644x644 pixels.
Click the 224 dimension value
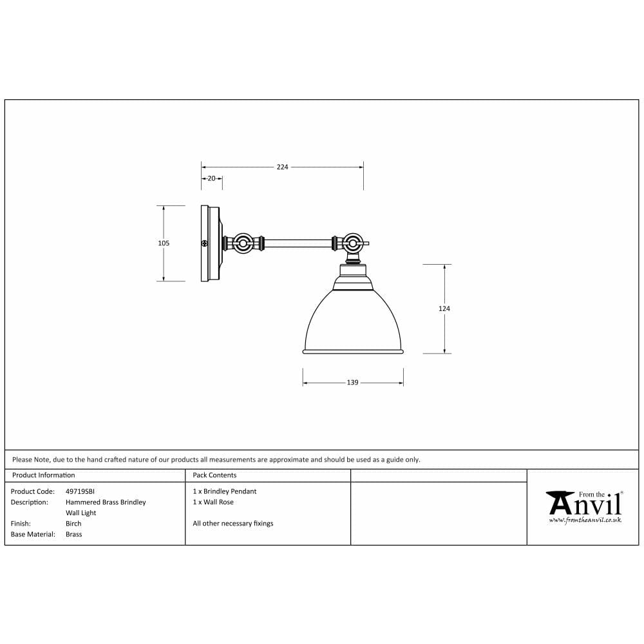(x=282, y=167)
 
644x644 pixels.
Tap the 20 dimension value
(x=211, y=178)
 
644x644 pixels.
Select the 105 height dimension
(x=164, y=243)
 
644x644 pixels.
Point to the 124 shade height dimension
(x=444, y=308)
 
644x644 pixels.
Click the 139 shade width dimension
(x=352, y=383)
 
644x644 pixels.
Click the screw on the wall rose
(x=205, y=243)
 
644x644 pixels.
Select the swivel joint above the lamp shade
(x=352, y=244)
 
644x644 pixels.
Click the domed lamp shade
(x=353, y=322)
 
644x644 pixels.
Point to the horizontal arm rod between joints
(x=298, y=243)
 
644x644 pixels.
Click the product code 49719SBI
(x=80, y=491)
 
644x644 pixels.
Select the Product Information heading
(x=43, y=475)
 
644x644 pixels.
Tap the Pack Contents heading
(x=214, y=475)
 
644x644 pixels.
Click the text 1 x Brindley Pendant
(x=224, y=491)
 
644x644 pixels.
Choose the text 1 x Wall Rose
(x=213, y=502)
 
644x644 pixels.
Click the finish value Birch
(x=73, y=524)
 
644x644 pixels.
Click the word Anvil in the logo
(x=585, y=503)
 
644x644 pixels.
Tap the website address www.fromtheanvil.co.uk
(x=585, y=520)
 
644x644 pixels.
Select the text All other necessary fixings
(x=232, y=524)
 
